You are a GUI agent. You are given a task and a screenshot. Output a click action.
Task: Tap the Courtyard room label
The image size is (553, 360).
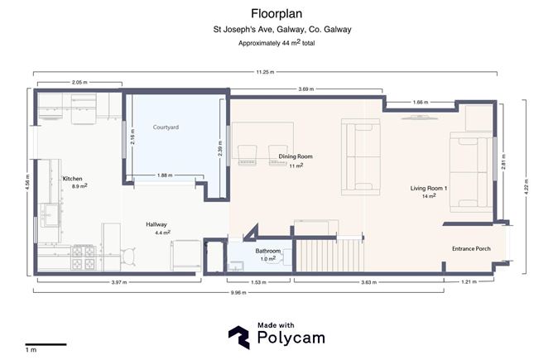click(x=166, y=127)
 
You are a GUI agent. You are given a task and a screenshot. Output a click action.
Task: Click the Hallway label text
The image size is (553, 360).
click(x=156, y=225)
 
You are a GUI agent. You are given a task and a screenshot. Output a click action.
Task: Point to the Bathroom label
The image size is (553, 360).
click(x=268, y=252)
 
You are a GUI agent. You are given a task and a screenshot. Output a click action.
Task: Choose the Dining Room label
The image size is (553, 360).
click(x=295, y=156)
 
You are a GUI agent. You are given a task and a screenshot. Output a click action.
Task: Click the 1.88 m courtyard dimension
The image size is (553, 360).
click(x=165, y=175)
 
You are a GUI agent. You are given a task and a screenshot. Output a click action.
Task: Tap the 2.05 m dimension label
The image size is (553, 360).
click(x=79, y=83)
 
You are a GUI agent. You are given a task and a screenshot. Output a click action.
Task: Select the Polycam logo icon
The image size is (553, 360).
click(x=239, y=334)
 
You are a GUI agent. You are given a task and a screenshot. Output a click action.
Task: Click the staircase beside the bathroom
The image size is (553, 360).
click(x=329, y=253)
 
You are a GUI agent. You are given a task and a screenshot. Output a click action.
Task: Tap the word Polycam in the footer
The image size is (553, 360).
click(x=290, y=338)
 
